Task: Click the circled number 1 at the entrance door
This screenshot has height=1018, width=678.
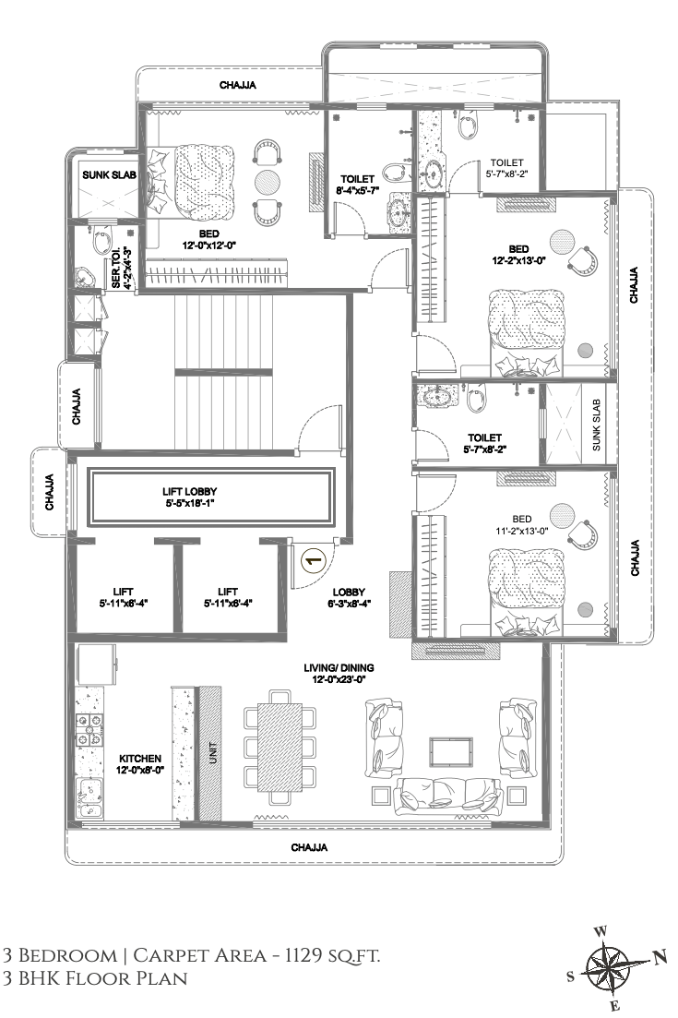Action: click(x=313, y=558)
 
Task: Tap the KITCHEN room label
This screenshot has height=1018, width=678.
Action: click(x=139, y=762)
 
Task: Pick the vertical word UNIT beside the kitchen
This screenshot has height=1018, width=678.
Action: click(x=212, y=752)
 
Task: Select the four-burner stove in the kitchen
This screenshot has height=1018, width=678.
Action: click(x=90, y=730)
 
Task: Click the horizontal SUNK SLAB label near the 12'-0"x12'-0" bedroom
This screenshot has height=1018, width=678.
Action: click(x=108, y=174)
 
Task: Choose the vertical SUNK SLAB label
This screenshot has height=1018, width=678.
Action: click(x=597, y=425)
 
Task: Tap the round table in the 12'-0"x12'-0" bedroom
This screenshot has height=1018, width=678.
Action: click(x=266, y=181)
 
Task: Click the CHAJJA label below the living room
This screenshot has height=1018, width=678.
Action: click(x=308, y=846)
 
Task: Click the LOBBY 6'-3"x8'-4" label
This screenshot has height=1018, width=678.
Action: click(x=350, y=597)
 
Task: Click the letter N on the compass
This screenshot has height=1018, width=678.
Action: click(x=660, y=957)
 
